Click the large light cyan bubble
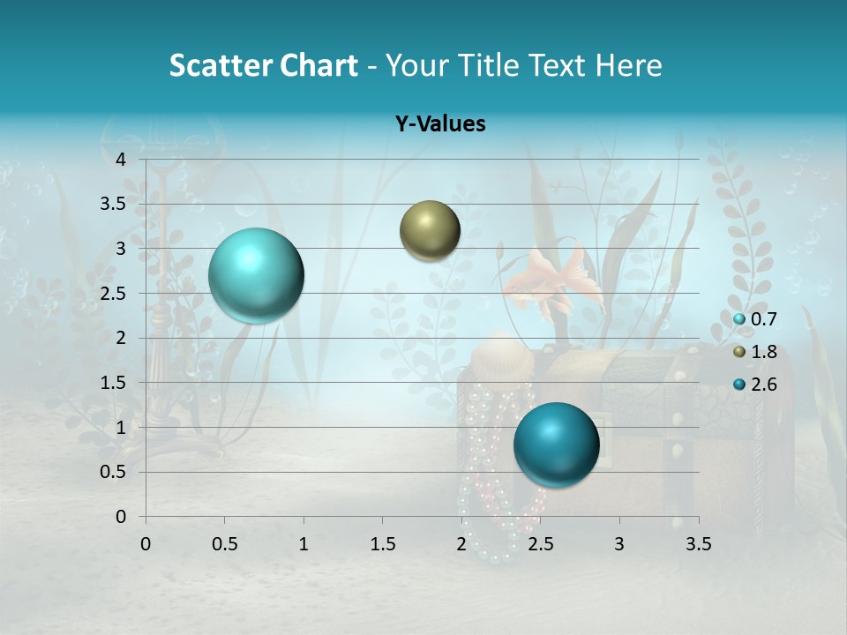point(256,275)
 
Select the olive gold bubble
point(430,230)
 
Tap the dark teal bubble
point(556,444)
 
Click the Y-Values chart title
point(439,124)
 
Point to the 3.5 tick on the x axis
point(699,544)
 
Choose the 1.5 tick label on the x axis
point(383,544)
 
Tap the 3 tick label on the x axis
point(619,544)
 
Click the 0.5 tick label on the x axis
point(225,544)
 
